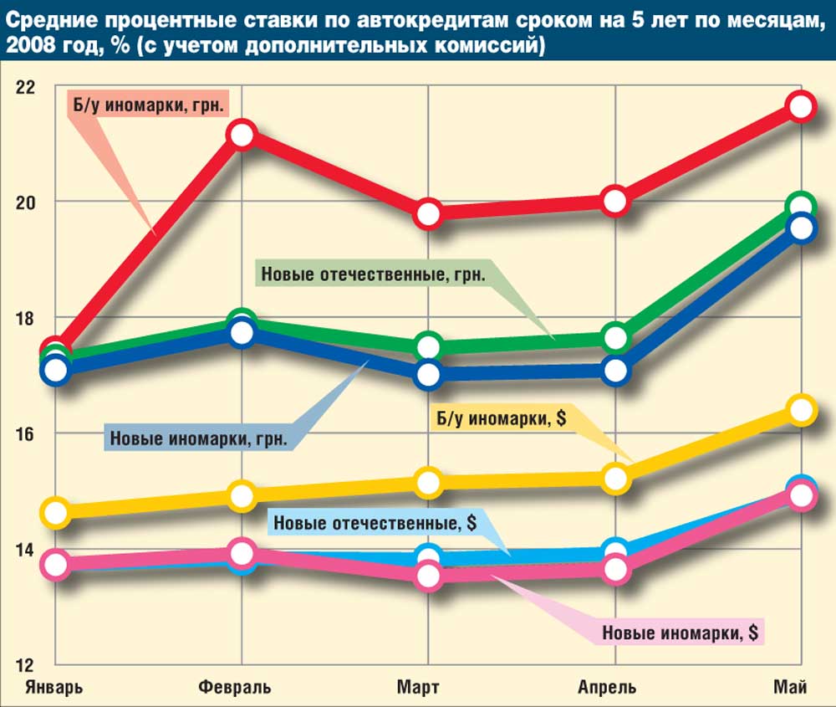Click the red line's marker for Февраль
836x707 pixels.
click(242, 135)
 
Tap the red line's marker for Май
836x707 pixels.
click(801, 106)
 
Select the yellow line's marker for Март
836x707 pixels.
click(429, 483)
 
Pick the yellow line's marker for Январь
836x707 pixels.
click(56, 512)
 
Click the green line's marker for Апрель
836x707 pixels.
click(615, 337)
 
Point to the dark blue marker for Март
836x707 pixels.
click(429, 374)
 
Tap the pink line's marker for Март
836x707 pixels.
click(429, 576)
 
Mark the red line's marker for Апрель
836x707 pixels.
click(615, 201)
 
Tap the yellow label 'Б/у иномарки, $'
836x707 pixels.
click(499, 418)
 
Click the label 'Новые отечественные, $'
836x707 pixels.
click(375, 524)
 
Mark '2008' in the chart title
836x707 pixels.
click(28, 47)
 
